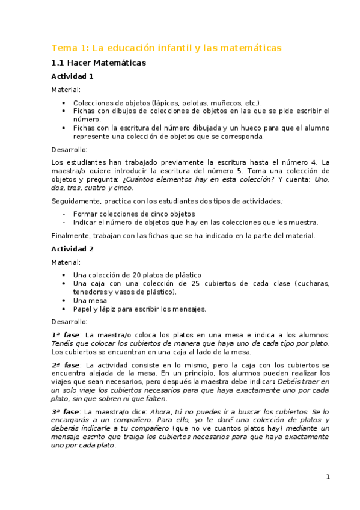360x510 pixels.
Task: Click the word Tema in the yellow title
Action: coord(62,48)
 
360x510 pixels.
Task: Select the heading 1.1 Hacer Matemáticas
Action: coord(98,63)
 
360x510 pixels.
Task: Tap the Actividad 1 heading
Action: coord(72,76)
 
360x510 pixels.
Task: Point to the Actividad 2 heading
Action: coord(72,248)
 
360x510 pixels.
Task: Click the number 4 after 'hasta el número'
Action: coord(315,162)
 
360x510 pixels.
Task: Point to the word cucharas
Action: coord(312,283)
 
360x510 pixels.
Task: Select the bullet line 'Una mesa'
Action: coord(90,300)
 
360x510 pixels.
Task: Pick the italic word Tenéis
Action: coord(63,343)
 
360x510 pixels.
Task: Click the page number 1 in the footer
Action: coord(328,477)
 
